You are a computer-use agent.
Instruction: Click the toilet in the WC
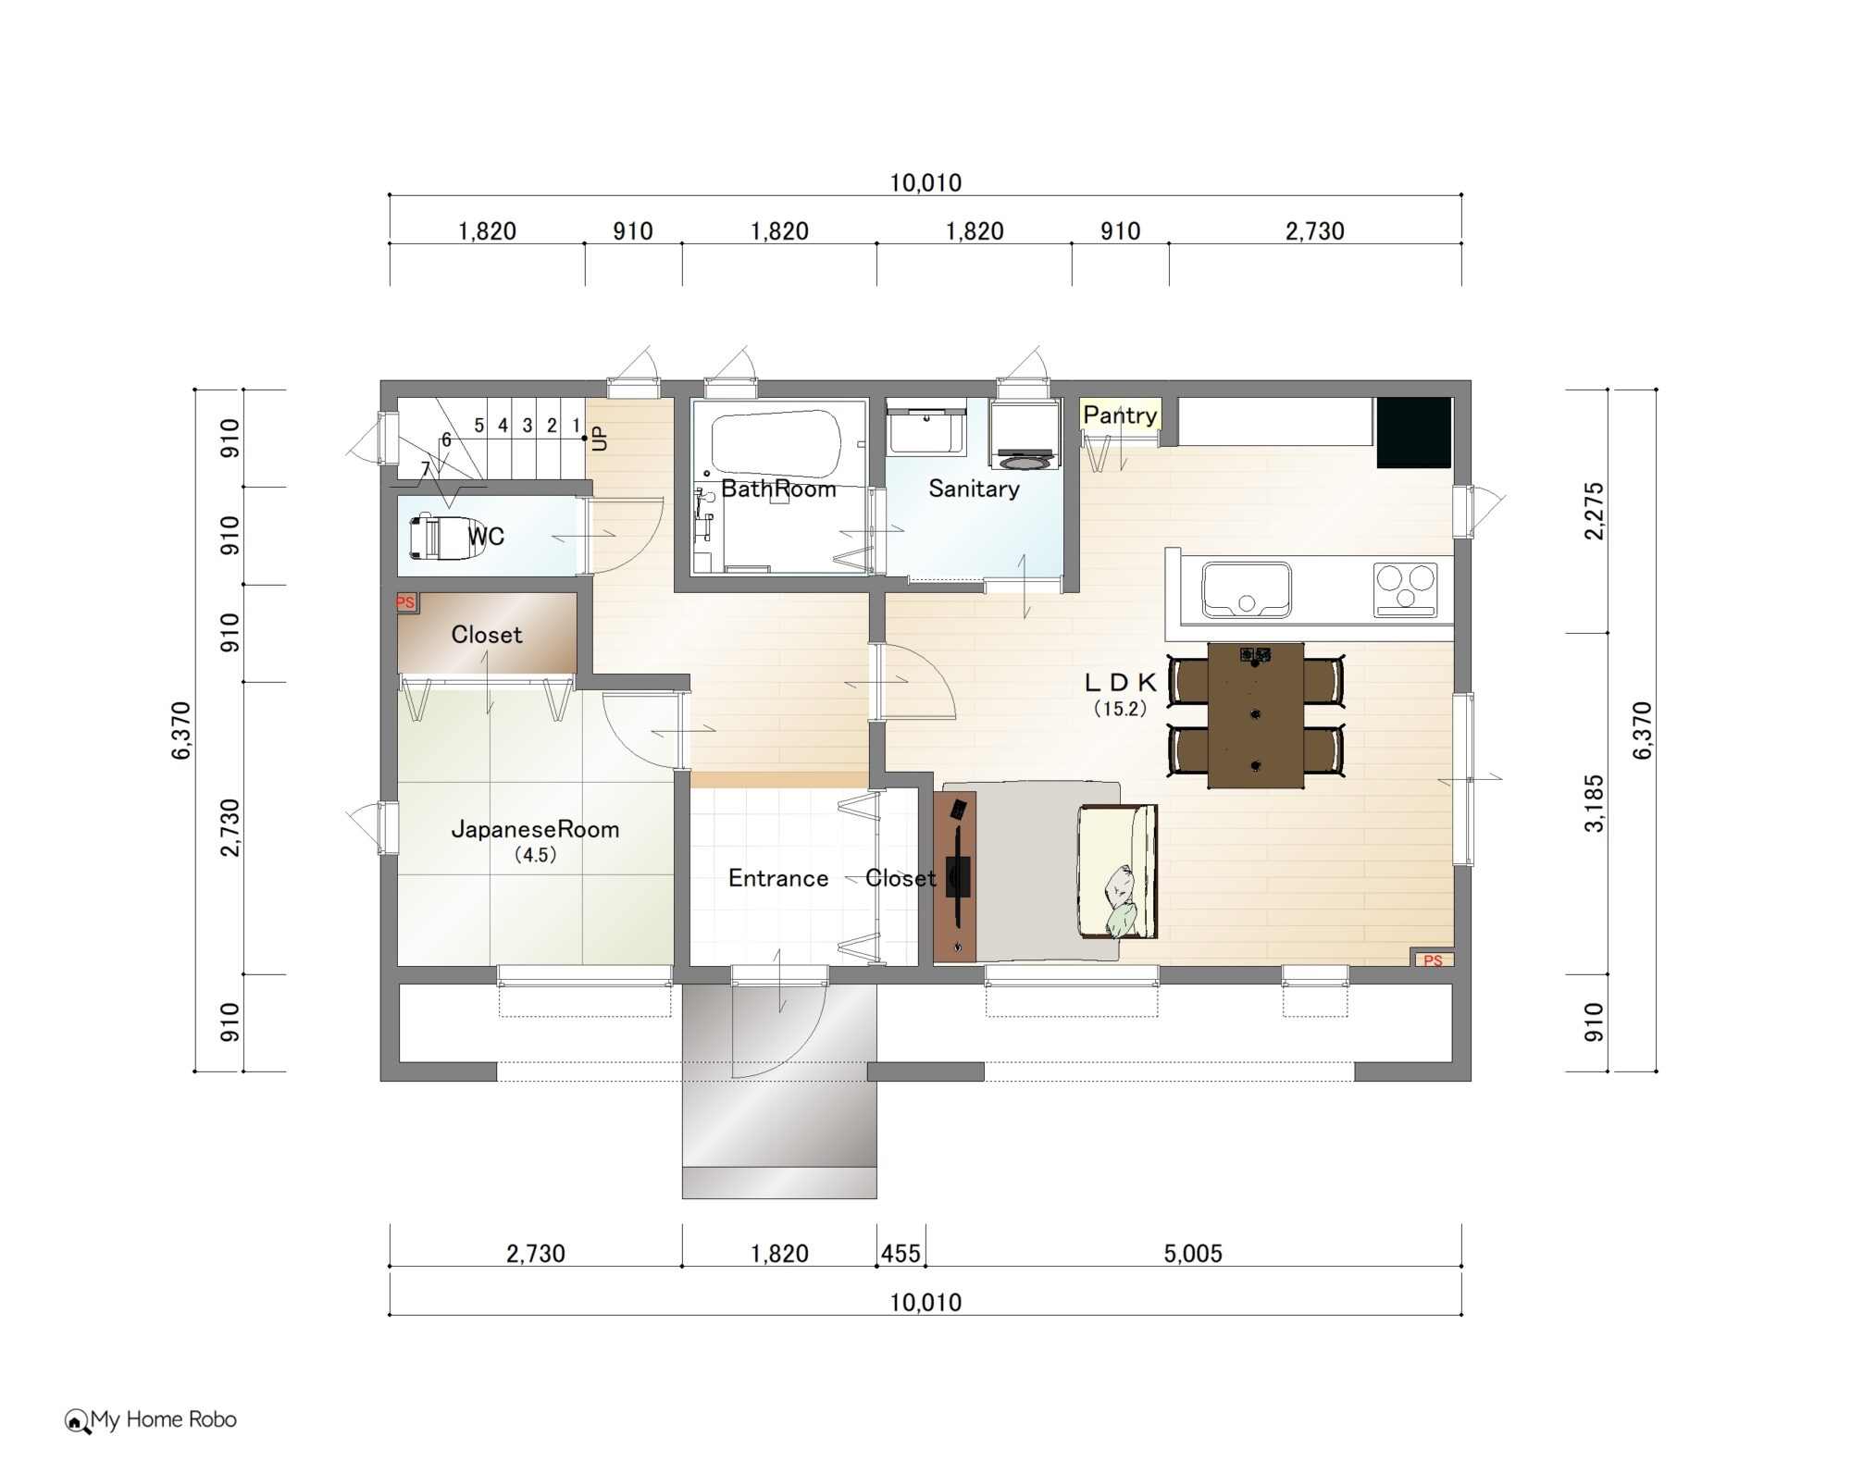pos(445,538)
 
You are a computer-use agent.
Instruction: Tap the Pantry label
pos(1120,415)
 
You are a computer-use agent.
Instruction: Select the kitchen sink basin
pos(1246,589)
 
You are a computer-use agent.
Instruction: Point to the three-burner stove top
pos(1406,588)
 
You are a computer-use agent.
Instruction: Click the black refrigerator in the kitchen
pos(1413,432)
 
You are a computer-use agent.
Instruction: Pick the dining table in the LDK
pos(1256,714)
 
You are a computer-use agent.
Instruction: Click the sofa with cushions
pos(1117,871)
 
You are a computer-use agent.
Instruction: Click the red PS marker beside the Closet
pos(405,602)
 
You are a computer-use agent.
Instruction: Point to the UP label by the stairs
pos(600,438)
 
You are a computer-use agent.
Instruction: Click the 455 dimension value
pos(901,1254)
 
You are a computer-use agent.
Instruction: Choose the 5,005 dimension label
pos(1193,1254)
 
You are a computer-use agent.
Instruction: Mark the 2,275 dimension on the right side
pos(1594,511)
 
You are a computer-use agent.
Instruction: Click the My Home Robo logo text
pos(163,1419)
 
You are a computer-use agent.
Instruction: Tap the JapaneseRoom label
pos(535,829)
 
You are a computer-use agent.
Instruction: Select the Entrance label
pos(778,878)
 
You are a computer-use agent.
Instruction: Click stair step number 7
pos(426,470)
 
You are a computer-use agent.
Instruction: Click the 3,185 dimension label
pos(1594,803)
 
